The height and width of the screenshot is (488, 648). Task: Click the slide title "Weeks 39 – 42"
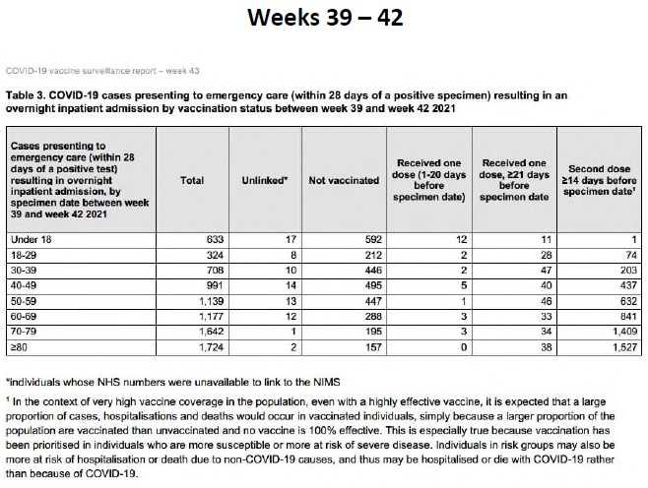tap(325, 18)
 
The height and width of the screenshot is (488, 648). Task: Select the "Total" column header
tap(192, 180)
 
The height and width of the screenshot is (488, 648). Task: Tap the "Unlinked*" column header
tap(265, 180)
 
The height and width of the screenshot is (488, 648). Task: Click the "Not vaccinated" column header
tap(344, 180)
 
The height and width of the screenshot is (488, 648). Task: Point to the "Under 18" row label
tap(31, 240)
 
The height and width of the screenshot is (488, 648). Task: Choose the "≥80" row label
tap(19, 347)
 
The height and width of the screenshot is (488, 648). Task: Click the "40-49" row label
tap(24, 285)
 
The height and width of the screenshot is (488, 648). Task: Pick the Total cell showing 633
tap(215, 240)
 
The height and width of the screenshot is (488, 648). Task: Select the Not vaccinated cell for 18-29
tap(373, 255)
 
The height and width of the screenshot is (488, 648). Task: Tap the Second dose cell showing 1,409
tap(624, 332)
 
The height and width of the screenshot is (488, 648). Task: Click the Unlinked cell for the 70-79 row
tap(293, 332)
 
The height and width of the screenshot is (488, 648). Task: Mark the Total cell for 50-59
tap(211, 301)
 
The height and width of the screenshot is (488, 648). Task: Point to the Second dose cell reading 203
tap(628, 271)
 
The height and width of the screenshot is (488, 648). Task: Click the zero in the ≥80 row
tap(464, 347)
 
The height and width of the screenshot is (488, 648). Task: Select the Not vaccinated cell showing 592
tap(373, 240)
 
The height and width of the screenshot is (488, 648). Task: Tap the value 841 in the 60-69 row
tap(628, 316)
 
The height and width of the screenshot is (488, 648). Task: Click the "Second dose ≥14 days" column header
tap(599, 180)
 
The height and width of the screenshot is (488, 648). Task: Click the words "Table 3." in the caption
tap(26, 95)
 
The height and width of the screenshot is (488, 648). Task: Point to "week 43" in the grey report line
tap(182, 71)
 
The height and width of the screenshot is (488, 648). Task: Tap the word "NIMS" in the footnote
tap(328, 383)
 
